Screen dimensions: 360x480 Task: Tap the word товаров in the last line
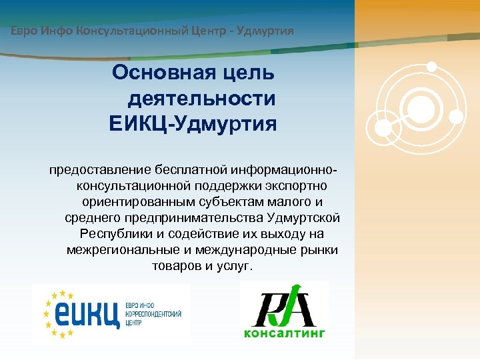tap(176, 265)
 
